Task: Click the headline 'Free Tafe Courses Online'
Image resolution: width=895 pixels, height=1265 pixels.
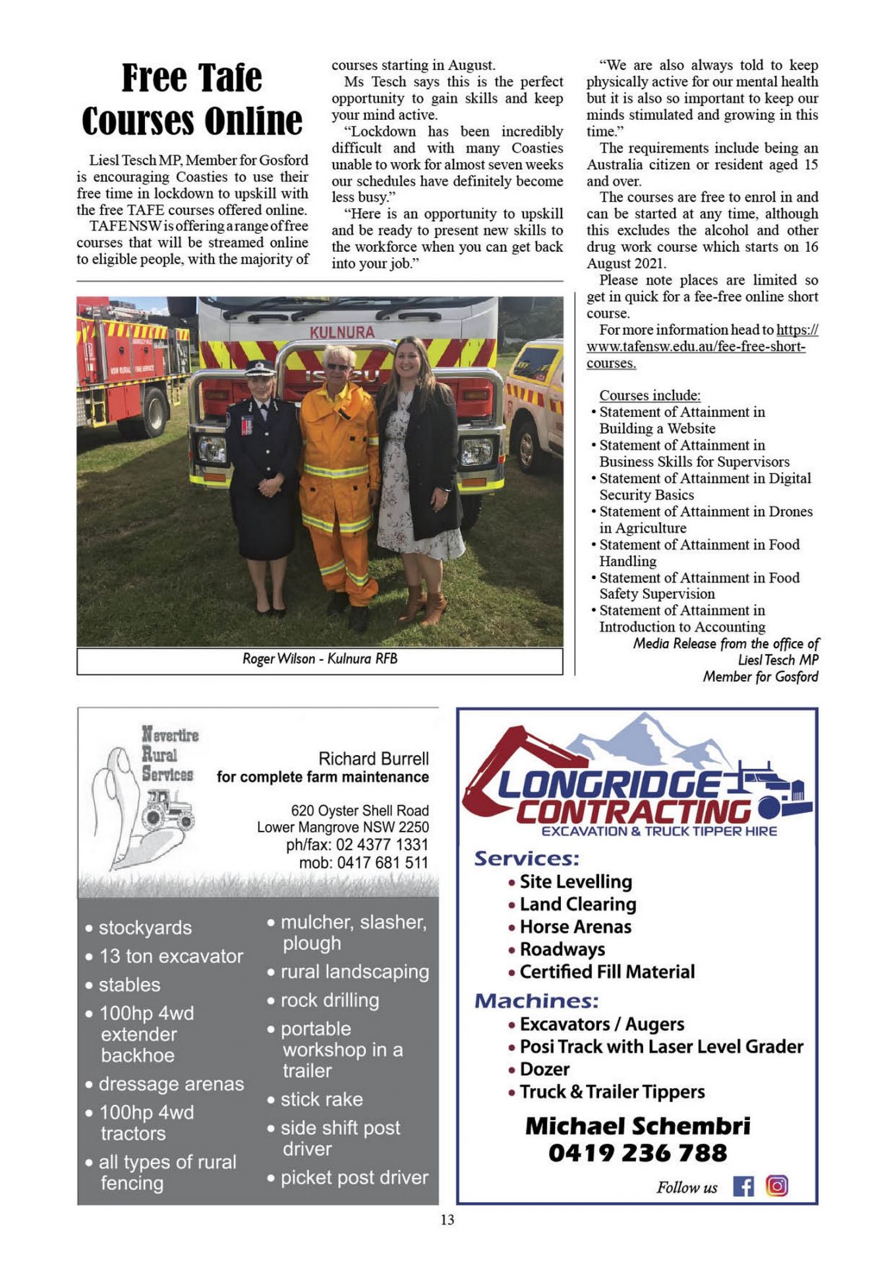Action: [192, 99]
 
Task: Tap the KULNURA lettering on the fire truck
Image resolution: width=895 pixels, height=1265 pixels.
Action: [341, 333]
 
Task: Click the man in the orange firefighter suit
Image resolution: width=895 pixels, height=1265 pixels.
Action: [339, 474]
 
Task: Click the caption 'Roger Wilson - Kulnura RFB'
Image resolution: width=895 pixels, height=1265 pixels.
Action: [320, 659]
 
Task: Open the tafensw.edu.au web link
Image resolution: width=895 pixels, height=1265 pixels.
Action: [695, 347]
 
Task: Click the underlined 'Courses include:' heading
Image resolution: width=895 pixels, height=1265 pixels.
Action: [649, 395]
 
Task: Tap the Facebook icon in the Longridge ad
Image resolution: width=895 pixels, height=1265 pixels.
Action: [743, 1187]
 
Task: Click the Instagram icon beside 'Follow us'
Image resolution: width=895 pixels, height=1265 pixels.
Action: [777, 1186]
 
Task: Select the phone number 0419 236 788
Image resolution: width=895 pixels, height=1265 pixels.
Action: [637, 1153]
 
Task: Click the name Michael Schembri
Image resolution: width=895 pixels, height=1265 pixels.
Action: [637, 1126]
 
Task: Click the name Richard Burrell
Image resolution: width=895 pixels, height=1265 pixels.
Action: [373, 758]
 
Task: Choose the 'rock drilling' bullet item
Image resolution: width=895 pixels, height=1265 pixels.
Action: [329, 1000]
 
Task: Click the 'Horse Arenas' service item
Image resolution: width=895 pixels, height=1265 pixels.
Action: [575, 927]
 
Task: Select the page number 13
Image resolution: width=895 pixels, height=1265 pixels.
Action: [447, 1220]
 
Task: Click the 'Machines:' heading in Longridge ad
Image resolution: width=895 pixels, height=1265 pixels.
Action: [536, 1001]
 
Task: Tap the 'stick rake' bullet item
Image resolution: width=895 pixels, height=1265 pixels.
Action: [321, 1099]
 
